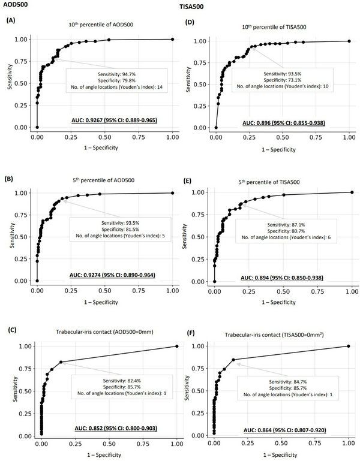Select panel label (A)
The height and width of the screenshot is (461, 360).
pyautogui.click(x=11, y=20)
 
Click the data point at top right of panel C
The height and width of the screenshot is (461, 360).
pyautogui.click(x=176, y=346)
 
